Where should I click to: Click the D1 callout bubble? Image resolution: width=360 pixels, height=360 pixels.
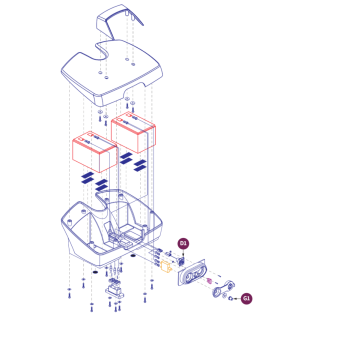(x=183, y=244)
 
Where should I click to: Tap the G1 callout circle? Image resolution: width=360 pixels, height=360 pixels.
(x=246, y=298)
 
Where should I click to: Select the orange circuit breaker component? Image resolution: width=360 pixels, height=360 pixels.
(x=166, y=267)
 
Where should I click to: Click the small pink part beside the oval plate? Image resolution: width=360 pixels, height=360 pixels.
(x=209, y=281)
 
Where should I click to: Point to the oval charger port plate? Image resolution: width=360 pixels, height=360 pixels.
(x=191, y=273)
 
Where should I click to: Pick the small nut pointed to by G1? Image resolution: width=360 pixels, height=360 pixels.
(x=230, y=298)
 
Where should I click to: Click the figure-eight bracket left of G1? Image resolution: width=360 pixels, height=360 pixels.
(x=224, y=289)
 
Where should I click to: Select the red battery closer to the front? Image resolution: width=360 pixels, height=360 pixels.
(x=95, y=152)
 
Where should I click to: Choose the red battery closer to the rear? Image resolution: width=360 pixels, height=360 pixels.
(x=133, y=132)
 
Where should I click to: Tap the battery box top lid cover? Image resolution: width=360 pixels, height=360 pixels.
(x=112, y=72)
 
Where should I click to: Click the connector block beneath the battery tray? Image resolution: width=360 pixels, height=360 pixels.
(x=115, y=289)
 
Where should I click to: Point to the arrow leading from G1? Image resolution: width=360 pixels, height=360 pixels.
(x=237, y=298)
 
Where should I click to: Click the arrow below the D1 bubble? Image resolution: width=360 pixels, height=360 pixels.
(x=183, y=253)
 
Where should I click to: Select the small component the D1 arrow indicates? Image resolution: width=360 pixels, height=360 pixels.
(x=182, y=261)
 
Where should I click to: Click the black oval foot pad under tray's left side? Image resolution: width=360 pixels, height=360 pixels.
(x=95, y=273)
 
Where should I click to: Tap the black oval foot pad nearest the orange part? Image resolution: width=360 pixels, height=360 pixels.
(x=133, y=256)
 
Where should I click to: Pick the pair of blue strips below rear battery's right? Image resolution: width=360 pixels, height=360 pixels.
(x=140, y=166)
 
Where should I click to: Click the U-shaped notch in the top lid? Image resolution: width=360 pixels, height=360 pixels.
(x=103, y=51)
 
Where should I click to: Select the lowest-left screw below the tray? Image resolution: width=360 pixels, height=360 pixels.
(x=69, y=293)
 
